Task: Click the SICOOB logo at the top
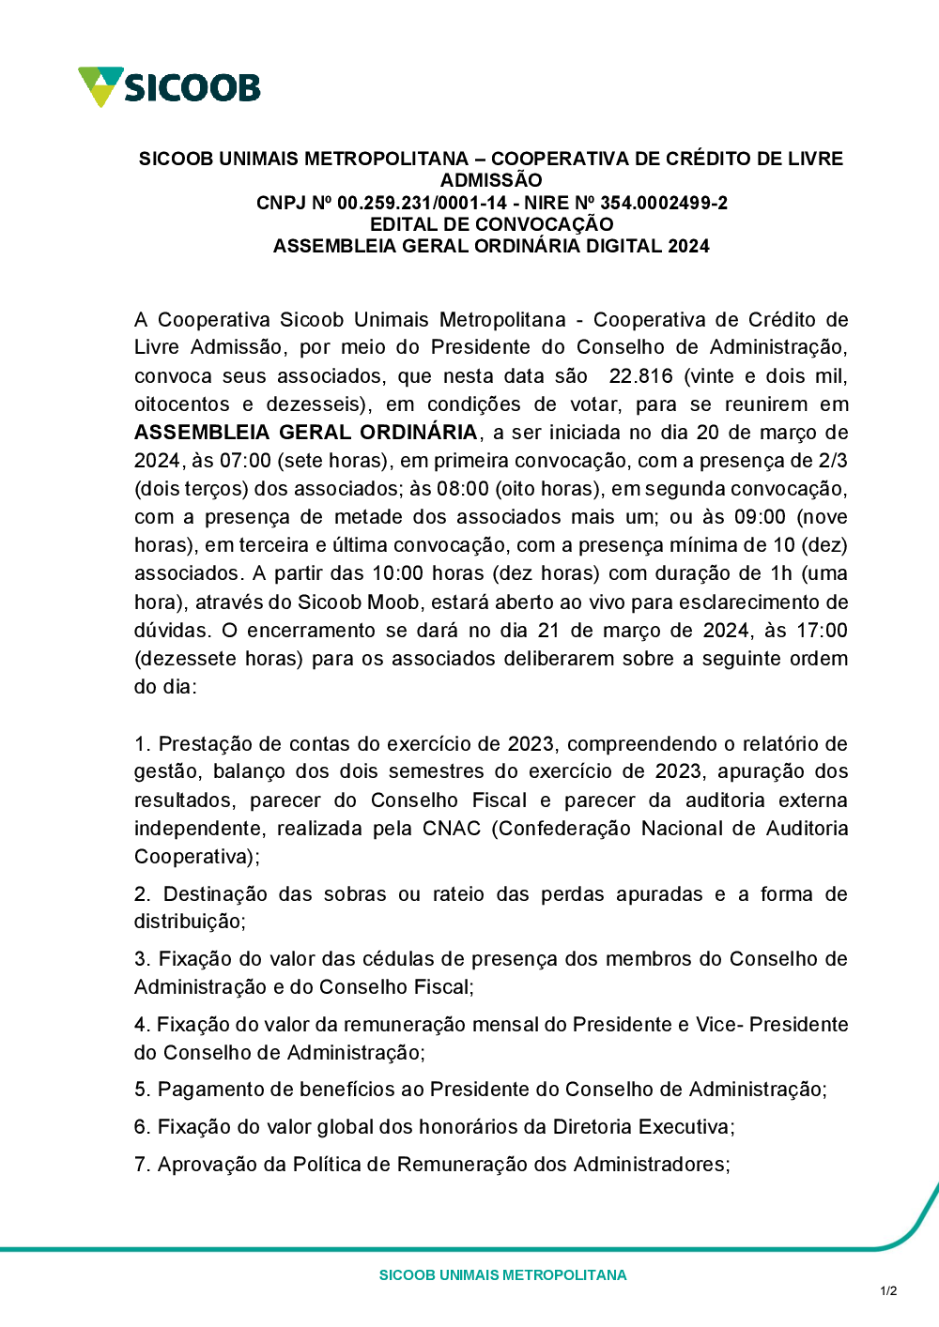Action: (x=169, y=87)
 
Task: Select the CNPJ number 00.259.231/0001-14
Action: (x=422, y=203)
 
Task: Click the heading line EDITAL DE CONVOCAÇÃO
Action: (x=491, y=224)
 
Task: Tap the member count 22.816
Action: (x=640, y=376)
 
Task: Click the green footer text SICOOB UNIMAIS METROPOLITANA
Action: (x=502, y=1275)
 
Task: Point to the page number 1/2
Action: (x=888, y=1291)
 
